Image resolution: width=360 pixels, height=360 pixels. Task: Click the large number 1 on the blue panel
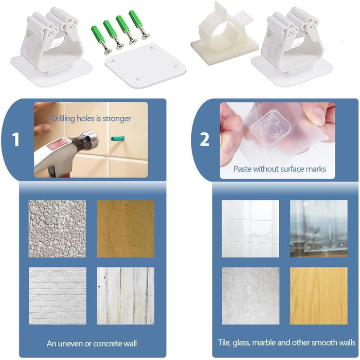tap(15, 139)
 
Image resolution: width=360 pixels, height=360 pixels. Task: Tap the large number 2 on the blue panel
tap(204, 139)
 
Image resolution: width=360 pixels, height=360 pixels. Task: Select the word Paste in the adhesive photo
tap(242, 169)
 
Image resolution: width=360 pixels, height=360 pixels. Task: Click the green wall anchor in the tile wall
tap(118, 138)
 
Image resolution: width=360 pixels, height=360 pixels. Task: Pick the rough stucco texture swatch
tap(57, 229)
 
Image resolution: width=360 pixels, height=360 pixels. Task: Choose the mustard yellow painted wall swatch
tap(125, 229)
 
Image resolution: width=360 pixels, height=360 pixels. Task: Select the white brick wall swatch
tap(58, 296)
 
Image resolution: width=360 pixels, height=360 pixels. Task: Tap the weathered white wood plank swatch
tap(125, 296)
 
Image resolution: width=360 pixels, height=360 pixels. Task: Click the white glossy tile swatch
tap(250, 229)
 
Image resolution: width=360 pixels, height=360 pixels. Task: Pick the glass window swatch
tap(319, 229)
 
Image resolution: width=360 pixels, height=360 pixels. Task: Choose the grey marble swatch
tap(250, 296)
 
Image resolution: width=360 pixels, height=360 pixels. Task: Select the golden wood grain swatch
tap(319, 296)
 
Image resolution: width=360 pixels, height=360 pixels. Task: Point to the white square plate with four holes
tap(146, 65)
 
